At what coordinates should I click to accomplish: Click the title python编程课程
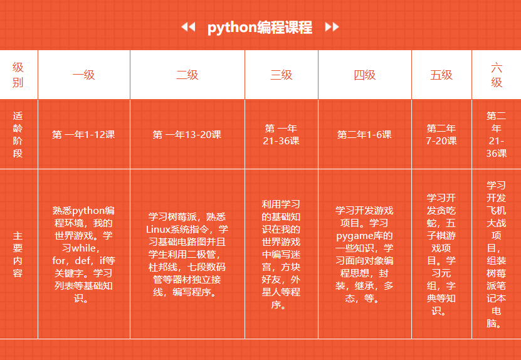[260, 27]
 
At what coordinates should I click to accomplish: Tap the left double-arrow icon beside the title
[188, 27]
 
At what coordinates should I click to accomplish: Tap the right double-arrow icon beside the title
[332, 27]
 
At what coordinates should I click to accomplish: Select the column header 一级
[84, 75]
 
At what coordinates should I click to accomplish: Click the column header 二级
[187, 75]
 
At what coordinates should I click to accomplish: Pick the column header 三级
[282, 75]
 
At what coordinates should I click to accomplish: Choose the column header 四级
[365, 75]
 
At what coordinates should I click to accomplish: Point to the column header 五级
[441, 75]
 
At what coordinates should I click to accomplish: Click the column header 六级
[497, 75]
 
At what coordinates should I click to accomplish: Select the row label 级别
[18, 75]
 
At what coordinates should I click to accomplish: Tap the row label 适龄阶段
[18, 135]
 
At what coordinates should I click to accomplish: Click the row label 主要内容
[18, 255]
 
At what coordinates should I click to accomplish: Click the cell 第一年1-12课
[84, 135]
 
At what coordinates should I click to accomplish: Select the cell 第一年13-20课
[187, 135]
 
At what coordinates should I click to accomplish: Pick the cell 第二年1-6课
[364, 135]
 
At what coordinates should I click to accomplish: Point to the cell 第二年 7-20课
[441, 135]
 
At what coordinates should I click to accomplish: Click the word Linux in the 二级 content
[158, 230]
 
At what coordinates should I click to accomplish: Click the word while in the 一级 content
[84, 248]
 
